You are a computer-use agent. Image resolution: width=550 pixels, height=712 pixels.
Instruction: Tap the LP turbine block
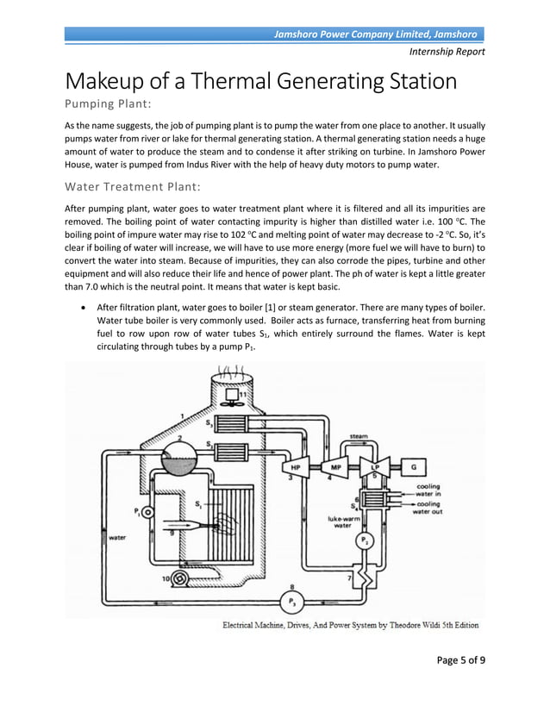[x=374, y=467]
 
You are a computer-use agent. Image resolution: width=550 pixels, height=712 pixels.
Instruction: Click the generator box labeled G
[x=414, y=467]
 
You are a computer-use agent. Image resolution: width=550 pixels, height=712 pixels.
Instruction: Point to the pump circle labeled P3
[x=292, y=600]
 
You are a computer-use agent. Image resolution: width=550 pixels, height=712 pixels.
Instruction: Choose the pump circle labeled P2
[x=364, y=541]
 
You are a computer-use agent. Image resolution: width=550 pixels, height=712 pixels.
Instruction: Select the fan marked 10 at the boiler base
[x=181, y=578]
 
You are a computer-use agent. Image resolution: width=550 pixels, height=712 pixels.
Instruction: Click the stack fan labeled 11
[x=231, y=399]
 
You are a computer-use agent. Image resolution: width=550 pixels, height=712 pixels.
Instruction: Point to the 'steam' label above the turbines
[x=358, y=437]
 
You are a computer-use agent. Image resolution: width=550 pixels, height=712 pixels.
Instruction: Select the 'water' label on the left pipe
[x=117, y=536]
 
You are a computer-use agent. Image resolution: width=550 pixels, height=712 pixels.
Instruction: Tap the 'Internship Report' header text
[x=447, y=52]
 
